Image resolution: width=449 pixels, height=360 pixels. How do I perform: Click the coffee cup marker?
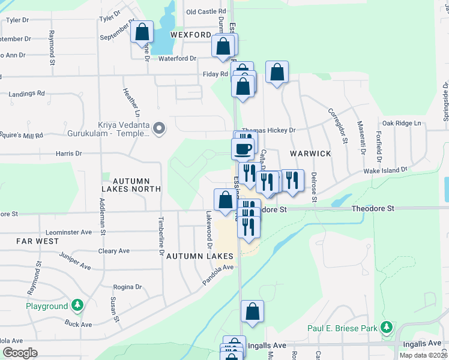point(244,148)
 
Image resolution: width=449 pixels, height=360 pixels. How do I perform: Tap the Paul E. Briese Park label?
point(342,328)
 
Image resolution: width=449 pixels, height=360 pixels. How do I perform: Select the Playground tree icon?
point(77,306)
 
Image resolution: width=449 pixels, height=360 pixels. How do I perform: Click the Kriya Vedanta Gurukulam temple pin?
point(159,128)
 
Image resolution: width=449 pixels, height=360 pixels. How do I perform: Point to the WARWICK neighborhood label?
point(310,154)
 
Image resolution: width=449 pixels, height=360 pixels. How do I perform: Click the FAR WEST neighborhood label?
point(38,241)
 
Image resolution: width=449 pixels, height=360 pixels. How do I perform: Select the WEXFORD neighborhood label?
point(191,35)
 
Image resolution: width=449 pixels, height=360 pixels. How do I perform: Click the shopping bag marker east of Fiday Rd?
point(277,73)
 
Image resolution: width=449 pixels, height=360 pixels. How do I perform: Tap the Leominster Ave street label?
point(69,232)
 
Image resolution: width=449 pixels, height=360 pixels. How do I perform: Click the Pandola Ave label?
point(217,274)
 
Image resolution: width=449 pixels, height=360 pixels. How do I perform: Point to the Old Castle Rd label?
point(206,11)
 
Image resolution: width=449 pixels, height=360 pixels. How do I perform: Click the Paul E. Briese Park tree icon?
point(388,327)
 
